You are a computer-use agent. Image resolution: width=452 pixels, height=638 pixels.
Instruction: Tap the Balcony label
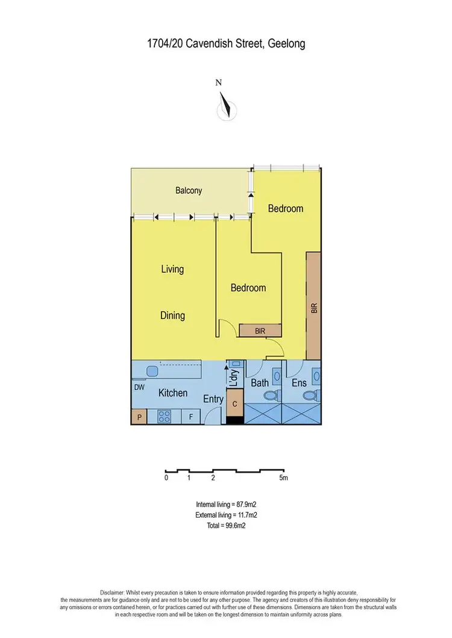point(189,191)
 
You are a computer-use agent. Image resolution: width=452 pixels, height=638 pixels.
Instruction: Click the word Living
point(172,269)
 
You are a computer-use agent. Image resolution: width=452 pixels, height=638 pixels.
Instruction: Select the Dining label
point(172,315)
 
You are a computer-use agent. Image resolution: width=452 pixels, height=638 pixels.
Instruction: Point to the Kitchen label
point(173,393)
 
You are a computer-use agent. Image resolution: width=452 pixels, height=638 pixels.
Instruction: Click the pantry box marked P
point(139,417)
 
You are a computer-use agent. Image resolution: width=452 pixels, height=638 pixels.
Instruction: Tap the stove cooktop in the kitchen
point(165,417)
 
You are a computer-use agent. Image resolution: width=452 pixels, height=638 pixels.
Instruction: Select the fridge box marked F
point(191,417)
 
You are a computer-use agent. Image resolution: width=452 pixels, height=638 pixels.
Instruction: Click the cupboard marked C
point(234,404)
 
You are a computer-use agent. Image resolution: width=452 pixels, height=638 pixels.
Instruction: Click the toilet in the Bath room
point(271,396)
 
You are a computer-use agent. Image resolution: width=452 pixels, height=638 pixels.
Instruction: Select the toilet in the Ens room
point(310,396)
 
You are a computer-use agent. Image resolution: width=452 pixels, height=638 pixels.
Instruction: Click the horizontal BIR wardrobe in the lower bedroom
point(260,330)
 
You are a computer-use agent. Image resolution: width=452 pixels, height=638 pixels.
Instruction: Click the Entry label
point(213,399)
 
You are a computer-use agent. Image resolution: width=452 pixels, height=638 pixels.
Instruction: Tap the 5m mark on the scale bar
point(283,478)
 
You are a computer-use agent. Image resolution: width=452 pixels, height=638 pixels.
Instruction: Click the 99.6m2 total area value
point(234,525)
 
